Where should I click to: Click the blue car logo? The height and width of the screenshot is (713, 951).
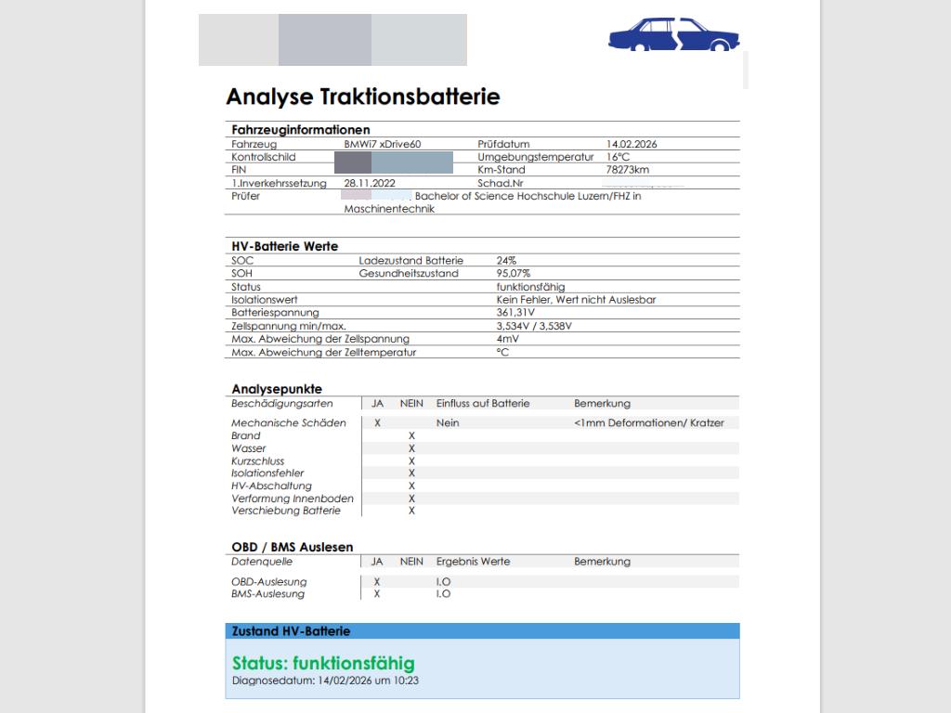673,34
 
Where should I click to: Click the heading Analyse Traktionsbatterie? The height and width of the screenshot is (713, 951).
363,97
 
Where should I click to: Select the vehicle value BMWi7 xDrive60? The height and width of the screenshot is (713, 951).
383,144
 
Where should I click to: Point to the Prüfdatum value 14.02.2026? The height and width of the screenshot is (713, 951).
632,144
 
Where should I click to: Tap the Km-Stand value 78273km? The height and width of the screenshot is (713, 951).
628,170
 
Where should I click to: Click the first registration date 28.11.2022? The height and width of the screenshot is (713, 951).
370,184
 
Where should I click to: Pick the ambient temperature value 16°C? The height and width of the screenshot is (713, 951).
619,157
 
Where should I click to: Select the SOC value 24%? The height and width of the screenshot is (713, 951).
506,261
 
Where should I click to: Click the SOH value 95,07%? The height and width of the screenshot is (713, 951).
514,274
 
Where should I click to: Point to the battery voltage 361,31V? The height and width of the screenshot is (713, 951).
515,313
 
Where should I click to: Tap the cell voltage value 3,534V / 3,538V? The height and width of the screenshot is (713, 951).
534,326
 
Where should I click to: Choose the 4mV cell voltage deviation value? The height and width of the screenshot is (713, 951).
507,339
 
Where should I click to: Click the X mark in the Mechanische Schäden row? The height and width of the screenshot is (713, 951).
377,422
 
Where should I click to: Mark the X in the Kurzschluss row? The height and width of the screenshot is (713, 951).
411,460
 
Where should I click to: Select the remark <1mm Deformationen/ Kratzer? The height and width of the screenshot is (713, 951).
649,422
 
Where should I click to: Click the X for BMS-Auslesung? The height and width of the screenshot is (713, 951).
377,594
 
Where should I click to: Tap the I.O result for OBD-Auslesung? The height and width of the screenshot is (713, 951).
443,582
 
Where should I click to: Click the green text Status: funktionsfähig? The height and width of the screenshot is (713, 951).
323,663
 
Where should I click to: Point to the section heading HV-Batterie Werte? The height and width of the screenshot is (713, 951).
284,246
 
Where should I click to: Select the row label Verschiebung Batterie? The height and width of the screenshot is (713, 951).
286,511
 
